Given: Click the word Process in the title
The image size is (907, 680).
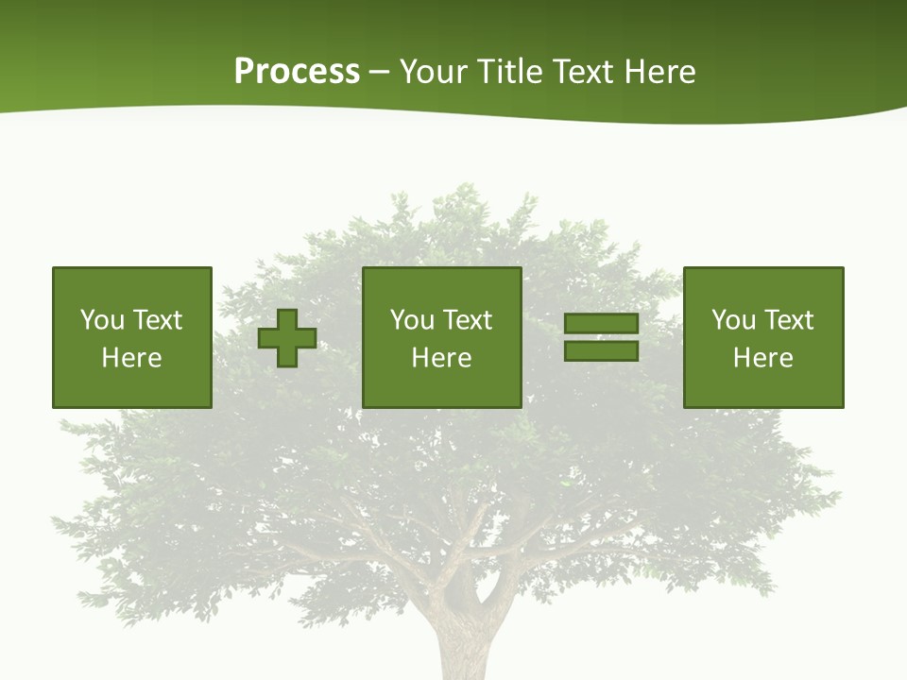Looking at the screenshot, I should point(297,72).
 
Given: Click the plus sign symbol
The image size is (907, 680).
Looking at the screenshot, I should point(287,338).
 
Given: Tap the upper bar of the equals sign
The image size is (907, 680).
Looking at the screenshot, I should point(601,324).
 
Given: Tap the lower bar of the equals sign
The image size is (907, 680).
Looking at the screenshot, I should point(601,351).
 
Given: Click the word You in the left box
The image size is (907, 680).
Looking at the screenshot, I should point(102,320).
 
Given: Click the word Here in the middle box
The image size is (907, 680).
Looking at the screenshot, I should point(441,358).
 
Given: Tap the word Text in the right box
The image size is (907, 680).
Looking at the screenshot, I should point(789,320).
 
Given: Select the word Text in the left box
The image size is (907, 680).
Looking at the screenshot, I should point(158,320).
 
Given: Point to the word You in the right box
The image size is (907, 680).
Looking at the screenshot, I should point(733,320).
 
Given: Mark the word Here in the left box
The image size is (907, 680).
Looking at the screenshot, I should point(131,358).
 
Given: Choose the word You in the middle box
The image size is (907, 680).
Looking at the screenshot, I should point(412,320).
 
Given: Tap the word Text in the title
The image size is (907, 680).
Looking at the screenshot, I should point(581,72).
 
